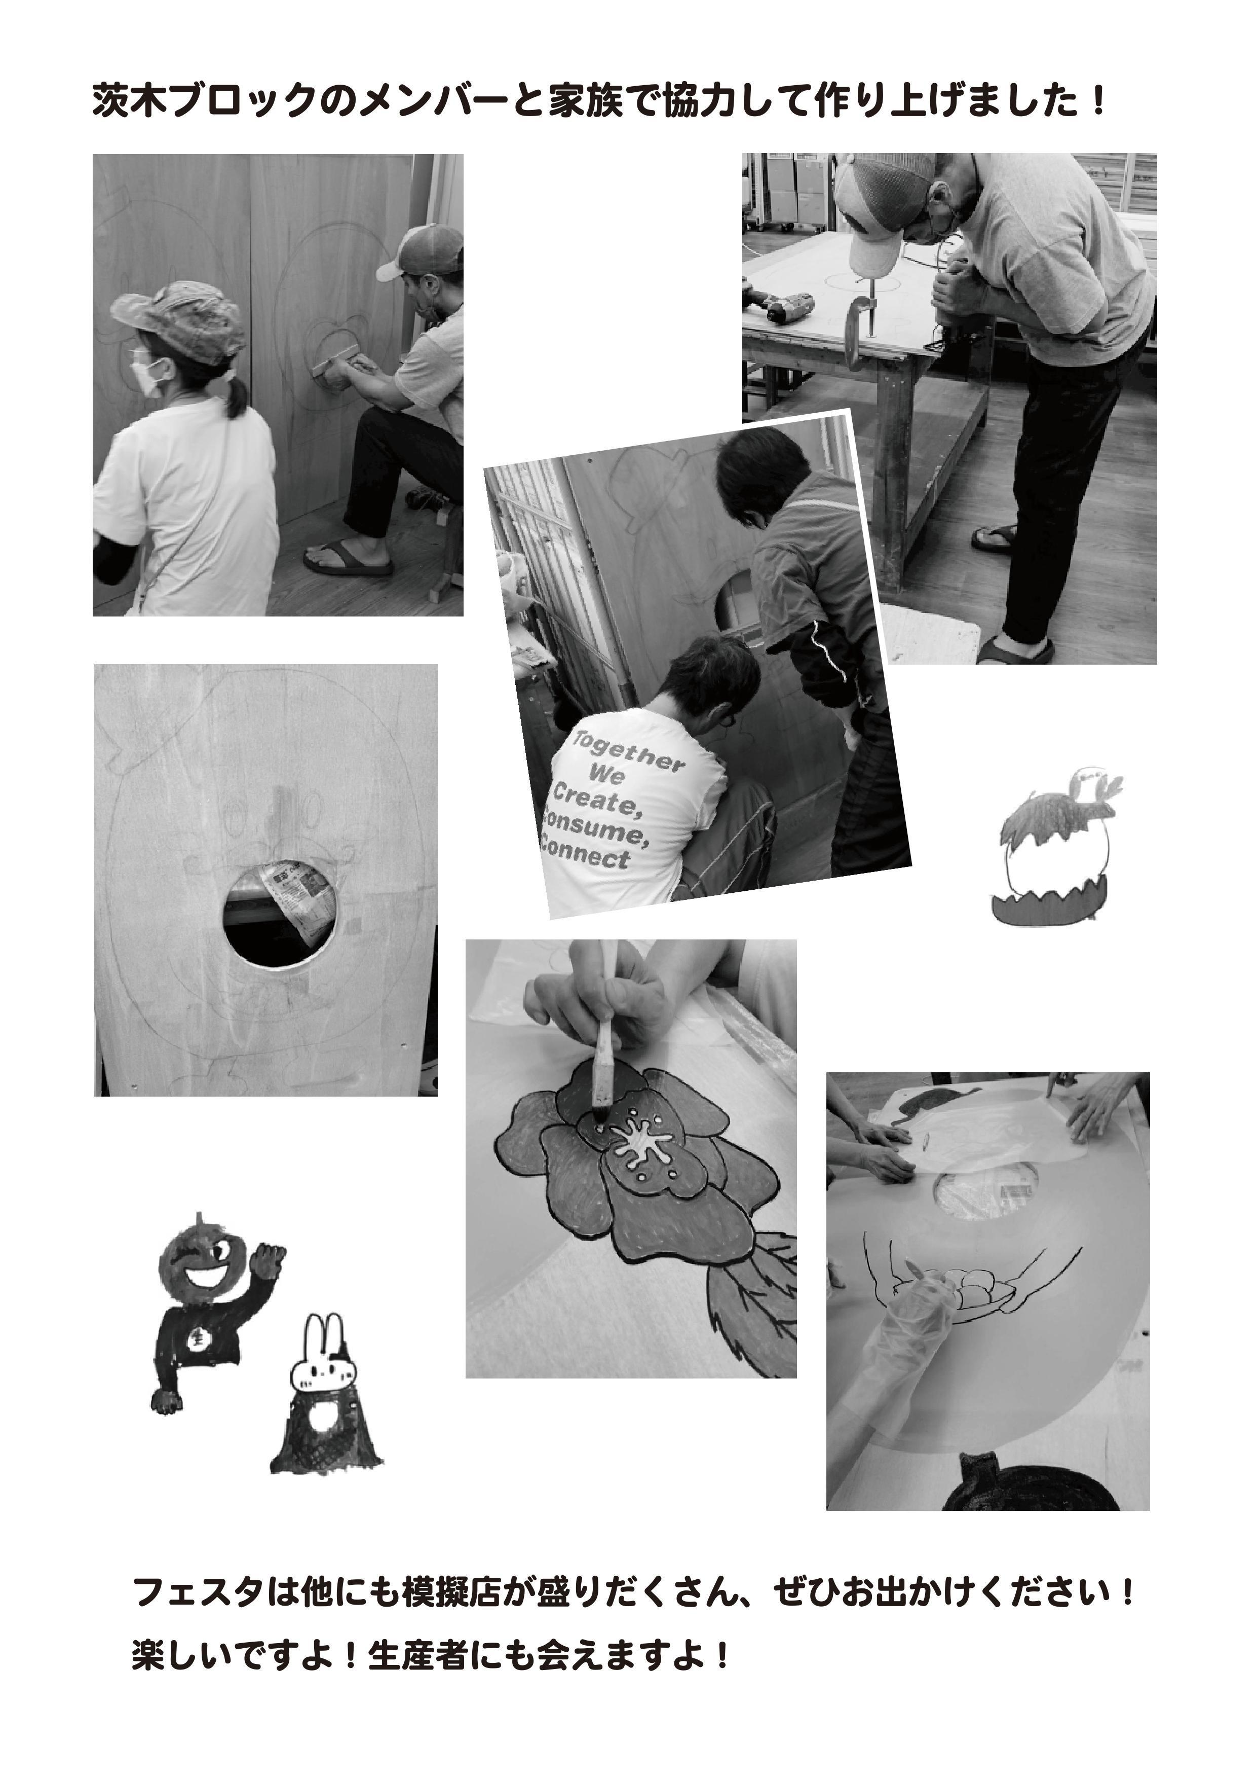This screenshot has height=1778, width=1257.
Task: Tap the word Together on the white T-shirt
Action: tap(628, 752)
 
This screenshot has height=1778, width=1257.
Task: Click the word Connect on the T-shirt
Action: tap(586, 852)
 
